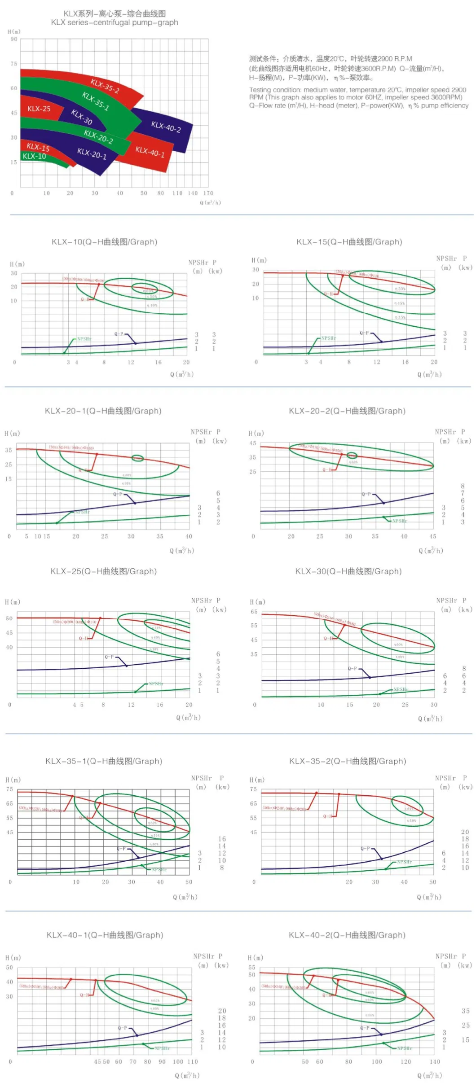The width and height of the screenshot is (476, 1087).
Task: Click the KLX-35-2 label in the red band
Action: (x=105, y=86)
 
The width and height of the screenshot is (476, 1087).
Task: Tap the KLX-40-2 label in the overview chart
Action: (x=166, y=127)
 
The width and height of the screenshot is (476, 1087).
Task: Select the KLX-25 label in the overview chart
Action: (x=39, y=109)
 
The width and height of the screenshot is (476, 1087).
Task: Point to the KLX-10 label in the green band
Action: (x=34, y=156)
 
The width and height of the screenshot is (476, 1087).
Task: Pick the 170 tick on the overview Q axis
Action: (x=208, y=193)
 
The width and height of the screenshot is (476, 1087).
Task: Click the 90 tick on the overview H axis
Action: (x=14, y=39)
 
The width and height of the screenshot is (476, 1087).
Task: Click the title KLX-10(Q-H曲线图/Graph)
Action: (x=105, y=242)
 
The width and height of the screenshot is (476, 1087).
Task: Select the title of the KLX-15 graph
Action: (x=349, y=242)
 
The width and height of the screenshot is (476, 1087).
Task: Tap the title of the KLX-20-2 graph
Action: (x=347, y=411)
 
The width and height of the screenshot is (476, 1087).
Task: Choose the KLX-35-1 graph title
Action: (x=104, y=761)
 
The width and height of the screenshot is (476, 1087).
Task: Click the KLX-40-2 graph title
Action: (x=347, y=935)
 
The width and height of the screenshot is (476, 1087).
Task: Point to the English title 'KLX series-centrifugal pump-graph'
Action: (x=115, y=22)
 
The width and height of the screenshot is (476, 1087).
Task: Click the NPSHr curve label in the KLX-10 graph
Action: (x=84, y=339)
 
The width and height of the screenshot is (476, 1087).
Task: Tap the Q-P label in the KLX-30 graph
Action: (x=353, y=669)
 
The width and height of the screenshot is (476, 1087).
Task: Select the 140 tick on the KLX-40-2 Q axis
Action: (x=435, y=1061)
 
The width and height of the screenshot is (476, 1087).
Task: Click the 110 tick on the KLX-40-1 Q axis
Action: (x=192, y=1061)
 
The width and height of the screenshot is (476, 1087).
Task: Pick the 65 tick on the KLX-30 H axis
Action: (x=254, y=612)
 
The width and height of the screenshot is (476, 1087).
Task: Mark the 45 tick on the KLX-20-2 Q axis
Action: (x=432, y=536)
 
